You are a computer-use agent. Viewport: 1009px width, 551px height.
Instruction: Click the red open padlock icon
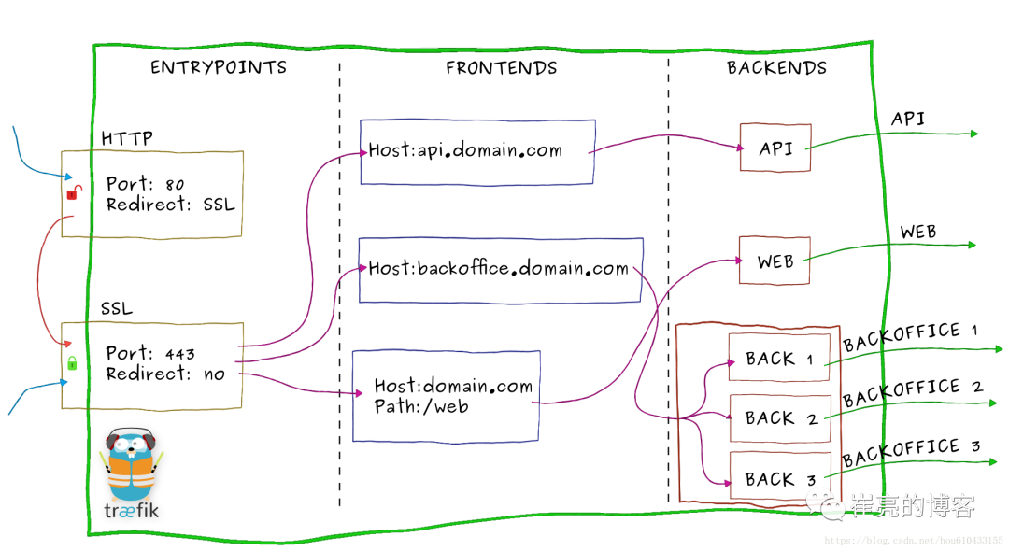(x=73, y=193)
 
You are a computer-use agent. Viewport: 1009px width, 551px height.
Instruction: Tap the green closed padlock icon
(x=72, y=362)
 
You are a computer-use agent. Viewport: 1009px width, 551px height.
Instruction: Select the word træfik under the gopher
(x=131, y=511)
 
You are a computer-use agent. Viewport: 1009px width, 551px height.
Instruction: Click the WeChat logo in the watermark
(x=825, y=503)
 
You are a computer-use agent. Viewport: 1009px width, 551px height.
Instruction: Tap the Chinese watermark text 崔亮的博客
(x=912, y=506)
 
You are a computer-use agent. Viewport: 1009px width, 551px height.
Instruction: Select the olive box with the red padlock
(x=152, y=194)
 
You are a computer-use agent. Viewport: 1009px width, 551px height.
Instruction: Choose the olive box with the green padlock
(x=152, y=365)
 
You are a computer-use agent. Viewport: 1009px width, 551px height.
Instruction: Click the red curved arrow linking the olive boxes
(x=39, y=280)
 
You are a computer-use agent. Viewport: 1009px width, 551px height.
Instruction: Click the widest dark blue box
(x=501, y=270)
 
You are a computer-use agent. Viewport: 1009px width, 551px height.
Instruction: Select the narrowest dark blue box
(x=446, y=396)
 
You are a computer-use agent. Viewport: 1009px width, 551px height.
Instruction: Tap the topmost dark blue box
(x=477, y=151)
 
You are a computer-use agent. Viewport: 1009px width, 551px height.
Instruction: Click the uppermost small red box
(x=775, y=148)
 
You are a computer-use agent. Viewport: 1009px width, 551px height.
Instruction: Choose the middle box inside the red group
(x=780, y=418)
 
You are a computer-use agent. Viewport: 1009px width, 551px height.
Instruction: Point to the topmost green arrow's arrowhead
(x=973, y=134)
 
